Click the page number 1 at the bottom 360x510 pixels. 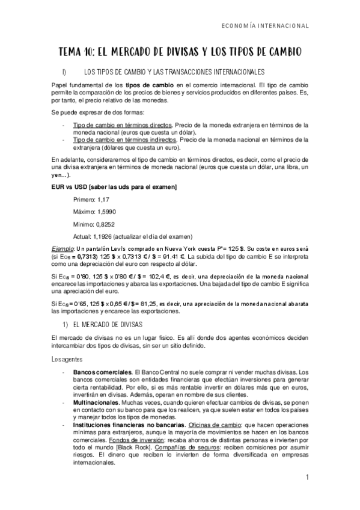[307, 478]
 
